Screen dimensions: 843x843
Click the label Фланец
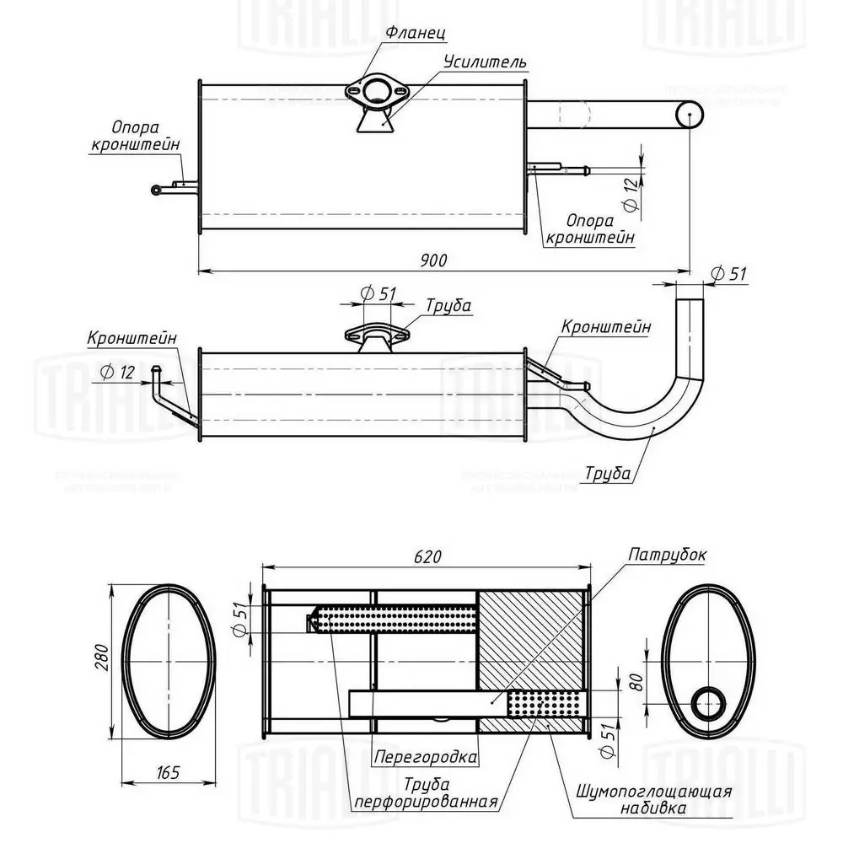click(x=415, y=33)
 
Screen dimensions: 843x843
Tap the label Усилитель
click(x=486, y=62)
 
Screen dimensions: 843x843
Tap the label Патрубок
click(x=667, y=556)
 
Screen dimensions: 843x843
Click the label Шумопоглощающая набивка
click(x=654, y=800)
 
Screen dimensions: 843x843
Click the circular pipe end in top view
click(x=689, y=114)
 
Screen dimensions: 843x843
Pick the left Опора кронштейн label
click(x=147, y=136)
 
